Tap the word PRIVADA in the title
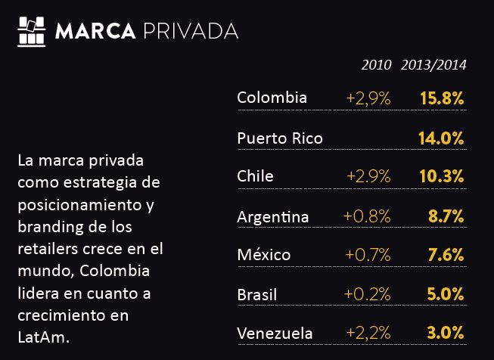point(190,31)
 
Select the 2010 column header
point(377,65)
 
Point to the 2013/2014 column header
point(433,65)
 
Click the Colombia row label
point(272,98)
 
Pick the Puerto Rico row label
point(279,138)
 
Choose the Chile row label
point(255,176)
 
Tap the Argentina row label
point(273,216)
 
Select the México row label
point(263,254)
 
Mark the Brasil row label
point(257,293)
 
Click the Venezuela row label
point(275,333)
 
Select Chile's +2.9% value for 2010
point(368,176)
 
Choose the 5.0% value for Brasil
point(445,293)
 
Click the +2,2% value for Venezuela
point(368,333)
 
